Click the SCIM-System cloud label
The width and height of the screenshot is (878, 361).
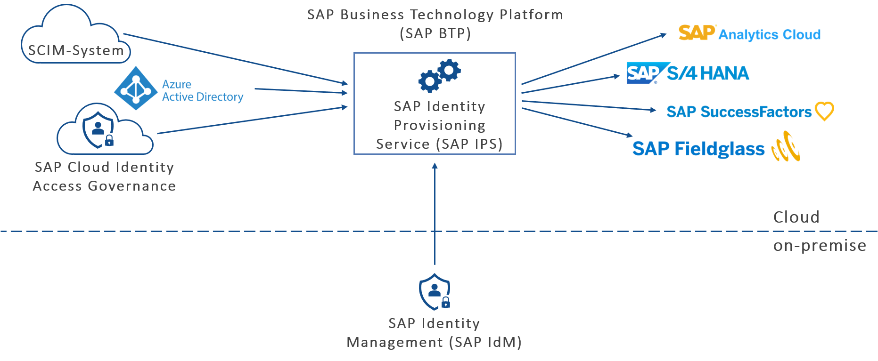click(x=75, y=50)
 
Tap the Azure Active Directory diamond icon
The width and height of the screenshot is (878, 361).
click(x=136, y=88)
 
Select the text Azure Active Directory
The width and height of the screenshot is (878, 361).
click(x=202, y=91)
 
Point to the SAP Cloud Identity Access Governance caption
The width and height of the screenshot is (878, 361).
click(x=104, y=176)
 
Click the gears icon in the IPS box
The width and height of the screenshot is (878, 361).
click(x=439, y=75)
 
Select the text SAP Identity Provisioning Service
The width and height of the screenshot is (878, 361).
click(x=439, y=125)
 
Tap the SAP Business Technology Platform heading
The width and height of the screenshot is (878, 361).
click(x=435, y=24)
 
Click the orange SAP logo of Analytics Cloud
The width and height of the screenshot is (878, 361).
click(x=697, y=33)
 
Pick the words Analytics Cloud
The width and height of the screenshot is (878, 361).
click(x=769, y=35)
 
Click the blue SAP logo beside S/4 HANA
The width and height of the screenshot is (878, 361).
click(x=644, y=73)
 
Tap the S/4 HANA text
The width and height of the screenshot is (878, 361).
click(x=708, y=73)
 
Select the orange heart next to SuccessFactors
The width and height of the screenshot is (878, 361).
click(x=824, y=112)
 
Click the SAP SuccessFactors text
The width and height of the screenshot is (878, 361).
click(x=739, y=112)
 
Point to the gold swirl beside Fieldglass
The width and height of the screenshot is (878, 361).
click(x=786, y=147)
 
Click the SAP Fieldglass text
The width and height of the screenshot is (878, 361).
click(x=698, y=149)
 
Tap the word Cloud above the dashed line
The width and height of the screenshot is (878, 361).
click(x=796, y=217)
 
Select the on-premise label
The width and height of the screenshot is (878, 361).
click(x=819, y=246)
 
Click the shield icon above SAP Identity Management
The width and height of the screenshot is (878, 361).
click(x=435, y=292)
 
